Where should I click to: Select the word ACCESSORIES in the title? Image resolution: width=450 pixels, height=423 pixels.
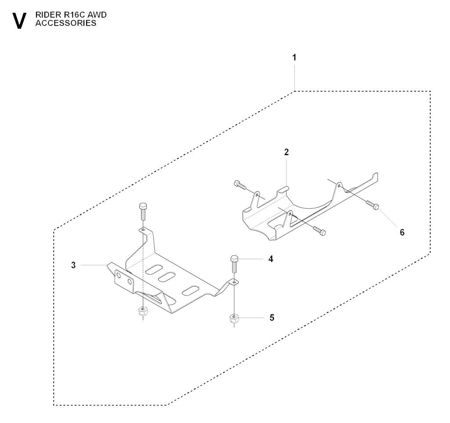coord(66,24)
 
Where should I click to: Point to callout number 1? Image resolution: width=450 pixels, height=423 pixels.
coord(294,58)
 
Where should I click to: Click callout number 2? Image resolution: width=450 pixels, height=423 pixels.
coord(286,152)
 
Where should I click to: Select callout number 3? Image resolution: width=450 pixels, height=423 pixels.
coord(73,265)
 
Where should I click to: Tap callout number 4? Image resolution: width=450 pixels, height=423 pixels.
coord(271,259)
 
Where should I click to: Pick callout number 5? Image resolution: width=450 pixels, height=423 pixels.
coord(271,317)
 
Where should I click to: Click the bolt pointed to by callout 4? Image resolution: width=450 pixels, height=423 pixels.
coord(234,264)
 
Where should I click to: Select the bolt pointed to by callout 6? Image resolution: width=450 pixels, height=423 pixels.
coord(373,204)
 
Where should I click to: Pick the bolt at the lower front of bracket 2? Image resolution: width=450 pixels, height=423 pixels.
coord(318,231)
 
